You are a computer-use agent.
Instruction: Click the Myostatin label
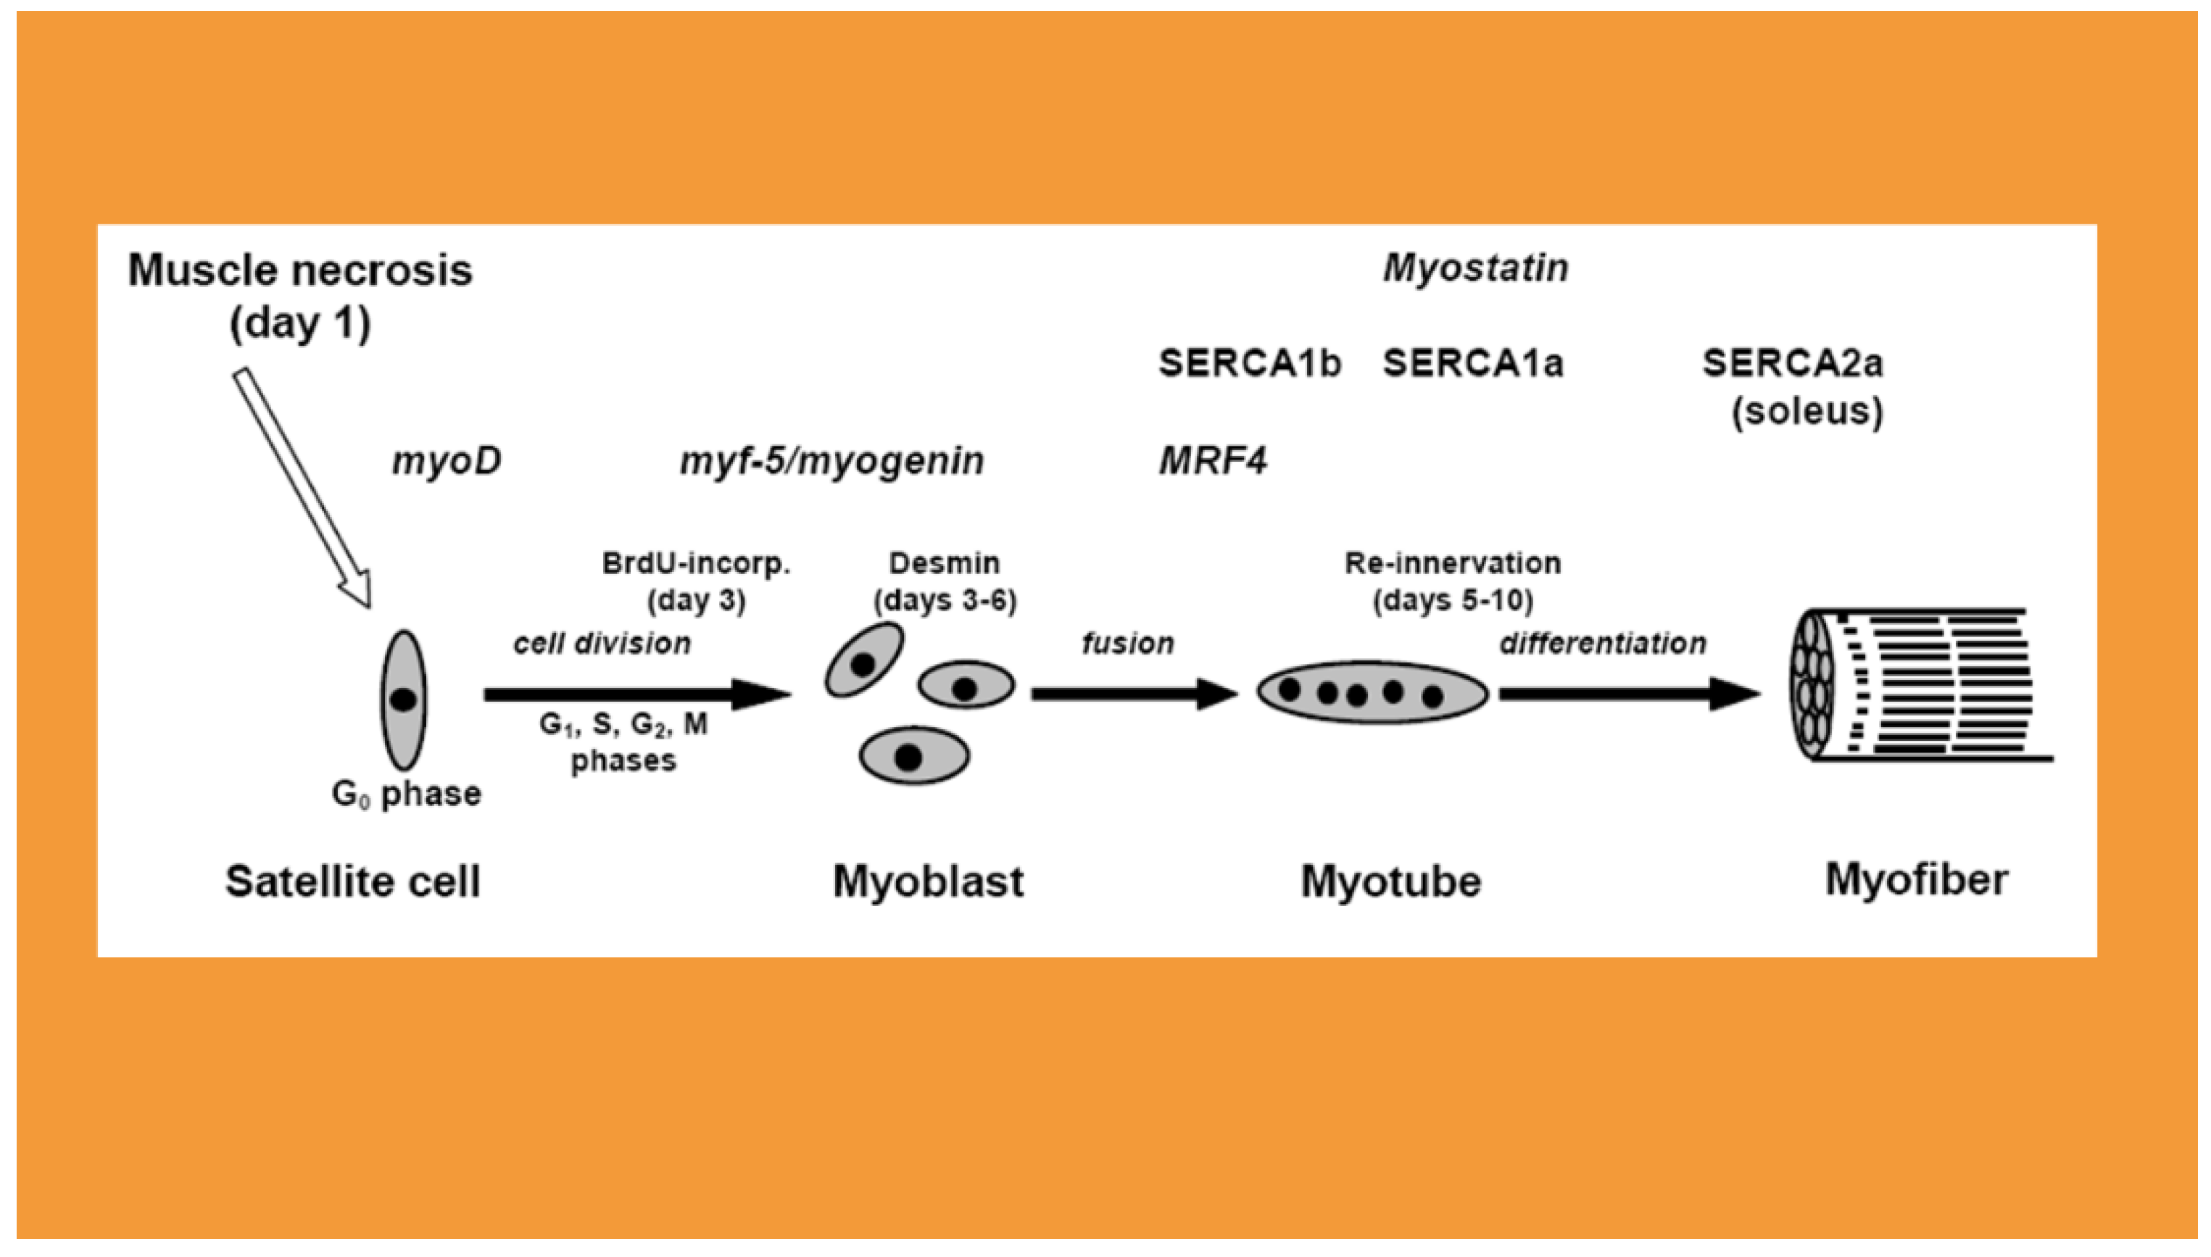[x=1475, y=268]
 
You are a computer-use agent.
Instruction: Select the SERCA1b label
[x=1249, y=363]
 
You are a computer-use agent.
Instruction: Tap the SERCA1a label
[x=1473, y=363]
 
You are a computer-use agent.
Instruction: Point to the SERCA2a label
[x=1792, y=363]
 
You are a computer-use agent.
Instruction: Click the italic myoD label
[x=447, y=461]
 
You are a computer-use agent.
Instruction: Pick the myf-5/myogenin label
[x=831, y=461]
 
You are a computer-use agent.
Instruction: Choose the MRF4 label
[x=1212, y=461]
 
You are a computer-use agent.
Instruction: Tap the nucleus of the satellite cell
[x=403, y=700]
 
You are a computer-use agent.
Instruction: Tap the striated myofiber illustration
[x=1917, y=686]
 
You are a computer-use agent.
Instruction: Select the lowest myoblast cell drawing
[x=913, y=756]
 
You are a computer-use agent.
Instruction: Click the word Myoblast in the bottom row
[x=928, y=882]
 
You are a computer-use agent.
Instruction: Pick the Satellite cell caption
[x=352, y=882]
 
